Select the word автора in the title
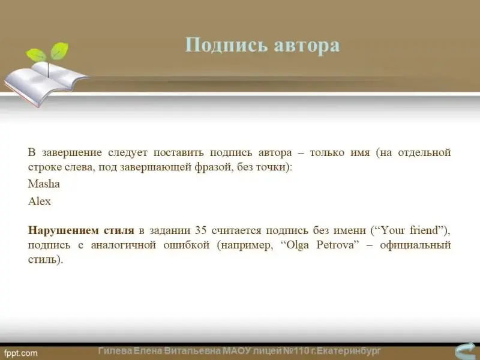click(307, 46)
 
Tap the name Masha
click(44, 184)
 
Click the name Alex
click(40, 202)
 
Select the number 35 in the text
click(200, 230)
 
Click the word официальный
click(415, 245)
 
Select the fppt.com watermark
click(21, 353)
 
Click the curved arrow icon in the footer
click(466, 351)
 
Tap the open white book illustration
click(46, 82)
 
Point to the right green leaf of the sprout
click(59, 50)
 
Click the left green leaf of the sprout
click(36, 55)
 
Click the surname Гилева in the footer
click(115, 351)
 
